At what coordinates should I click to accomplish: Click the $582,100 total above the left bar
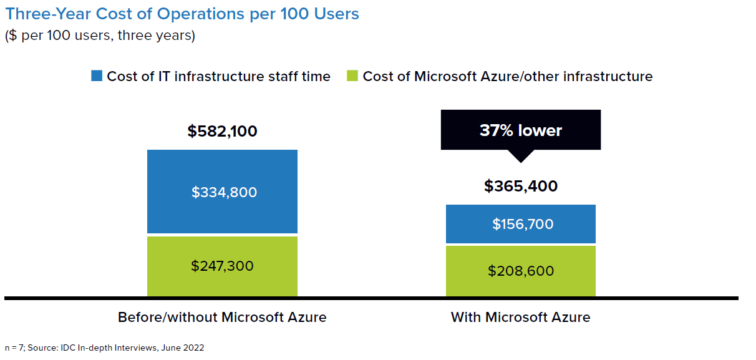pyautogui.click(x=222, y=132)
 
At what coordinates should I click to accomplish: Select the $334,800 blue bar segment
pyautogui.click(x=222, y=192)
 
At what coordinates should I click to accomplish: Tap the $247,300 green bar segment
pyautogui.click(x=222, y=266)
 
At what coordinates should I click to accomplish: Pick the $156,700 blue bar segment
pyautogui.click(x=521, y=224)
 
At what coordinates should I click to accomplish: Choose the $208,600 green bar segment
pyautogui.click(x=521, y=271)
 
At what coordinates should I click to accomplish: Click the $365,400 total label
pyautogui.click(x=521, y=186)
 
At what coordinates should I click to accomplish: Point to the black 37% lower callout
pyautogui.click(x=521, y=130)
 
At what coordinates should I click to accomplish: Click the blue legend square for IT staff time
pyautogui.click(x=97, y=76)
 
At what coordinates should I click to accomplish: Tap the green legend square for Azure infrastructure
pyautogui.click(x=352, y=76)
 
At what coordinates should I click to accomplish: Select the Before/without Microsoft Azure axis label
pyautogui.click(x=222, y=317)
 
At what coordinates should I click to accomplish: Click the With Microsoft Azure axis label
pyautogui.click(x=521, y=317)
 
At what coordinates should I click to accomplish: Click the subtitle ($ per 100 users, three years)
pyautogui.click(x=100, y=36)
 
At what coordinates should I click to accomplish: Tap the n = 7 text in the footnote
pyautogui.click(x=14, y=348)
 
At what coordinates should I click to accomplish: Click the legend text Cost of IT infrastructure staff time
pyautogui.click(x=218, y=76)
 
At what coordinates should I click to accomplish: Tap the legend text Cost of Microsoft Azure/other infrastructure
pyautogui.click(x=507, y=76)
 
